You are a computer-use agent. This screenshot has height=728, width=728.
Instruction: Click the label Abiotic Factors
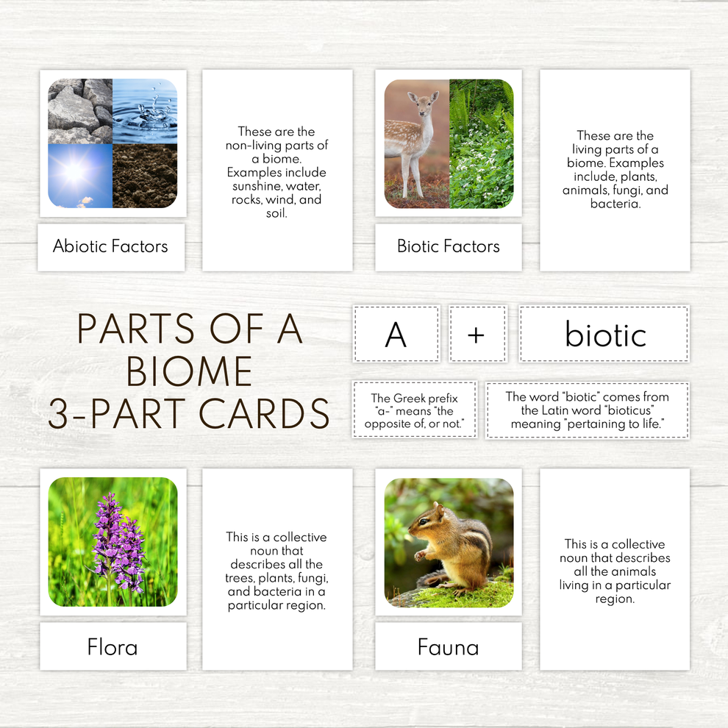pos(110,246)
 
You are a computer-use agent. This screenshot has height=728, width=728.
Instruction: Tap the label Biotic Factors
pos(448,246)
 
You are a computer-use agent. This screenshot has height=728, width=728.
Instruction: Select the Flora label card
pos(112,647)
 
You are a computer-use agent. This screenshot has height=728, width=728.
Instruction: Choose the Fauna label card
pos(448,647)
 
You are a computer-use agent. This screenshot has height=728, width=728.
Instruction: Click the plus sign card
pos(477,335)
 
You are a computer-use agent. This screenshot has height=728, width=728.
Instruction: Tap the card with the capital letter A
pos(396,335)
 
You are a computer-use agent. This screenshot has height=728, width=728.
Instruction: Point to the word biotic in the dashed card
pos(605,335)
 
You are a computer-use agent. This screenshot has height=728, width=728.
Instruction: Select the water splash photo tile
pos(145,110)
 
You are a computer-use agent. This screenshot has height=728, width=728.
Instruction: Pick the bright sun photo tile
pos(79,175)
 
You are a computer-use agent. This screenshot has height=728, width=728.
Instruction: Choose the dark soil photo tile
pos(145,175)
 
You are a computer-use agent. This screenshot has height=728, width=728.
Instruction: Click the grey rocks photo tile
pos(79,110)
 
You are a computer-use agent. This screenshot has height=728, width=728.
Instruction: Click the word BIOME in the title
pos(189,371)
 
